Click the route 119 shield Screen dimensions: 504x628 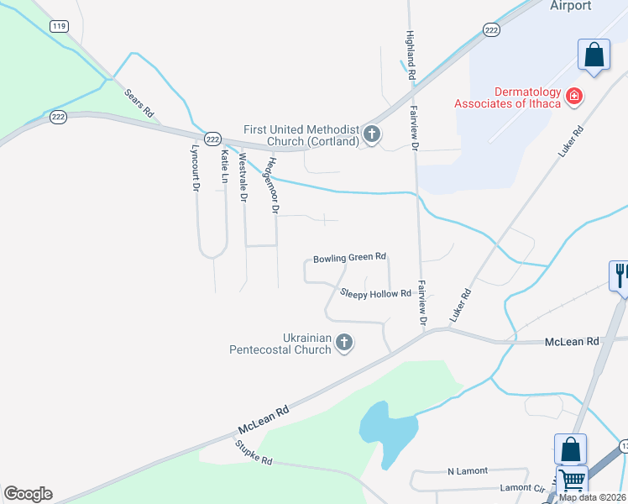[x=58, y=27]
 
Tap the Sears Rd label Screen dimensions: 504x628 [x=139, y=102]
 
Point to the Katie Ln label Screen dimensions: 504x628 [x=224, y=165]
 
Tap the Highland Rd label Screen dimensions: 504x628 [x=411, y=55]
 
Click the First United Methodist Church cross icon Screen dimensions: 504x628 [x=371, y=134]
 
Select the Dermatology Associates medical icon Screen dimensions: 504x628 [x=574, y=96]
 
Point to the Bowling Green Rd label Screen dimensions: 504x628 [x=349, y=258]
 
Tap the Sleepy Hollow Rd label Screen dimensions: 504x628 [x=375, y=293]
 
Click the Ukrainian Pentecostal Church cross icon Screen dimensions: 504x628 [x=344, y=343]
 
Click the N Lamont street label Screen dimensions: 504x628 [x=468, y=470]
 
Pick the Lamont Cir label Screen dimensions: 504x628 [x=521, y=487]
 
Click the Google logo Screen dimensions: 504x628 [x=28, y=494]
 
